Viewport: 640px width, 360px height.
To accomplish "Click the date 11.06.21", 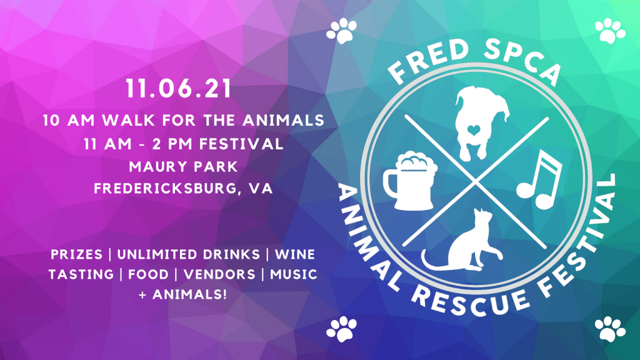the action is pos(179,89).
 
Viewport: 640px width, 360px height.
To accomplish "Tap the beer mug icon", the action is pos(410,181).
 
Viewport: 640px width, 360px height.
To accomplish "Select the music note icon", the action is pos(539,179).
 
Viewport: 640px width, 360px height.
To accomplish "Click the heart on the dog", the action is pos(474,130).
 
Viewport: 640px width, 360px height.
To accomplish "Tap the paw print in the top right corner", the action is pos(610,31).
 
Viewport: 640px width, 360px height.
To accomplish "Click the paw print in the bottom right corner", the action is pos(610,329).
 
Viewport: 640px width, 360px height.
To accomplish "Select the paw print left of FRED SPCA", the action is pos(342,31).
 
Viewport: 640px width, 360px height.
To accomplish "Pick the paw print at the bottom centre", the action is pos(342,329).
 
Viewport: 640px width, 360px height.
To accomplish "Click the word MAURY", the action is pos(156,166).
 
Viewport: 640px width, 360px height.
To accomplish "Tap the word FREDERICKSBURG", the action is pos(164,189).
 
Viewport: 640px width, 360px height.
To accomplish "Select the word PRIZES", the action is pos(76,254).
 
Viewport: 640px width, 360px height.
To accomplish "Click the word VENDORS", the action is pos(219,274).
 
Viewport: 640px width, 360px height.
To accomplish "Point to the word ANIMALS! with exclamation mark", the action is pos(189,294).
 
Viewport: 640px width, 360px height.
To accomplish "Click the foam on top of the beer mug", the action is pos(416,161).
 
